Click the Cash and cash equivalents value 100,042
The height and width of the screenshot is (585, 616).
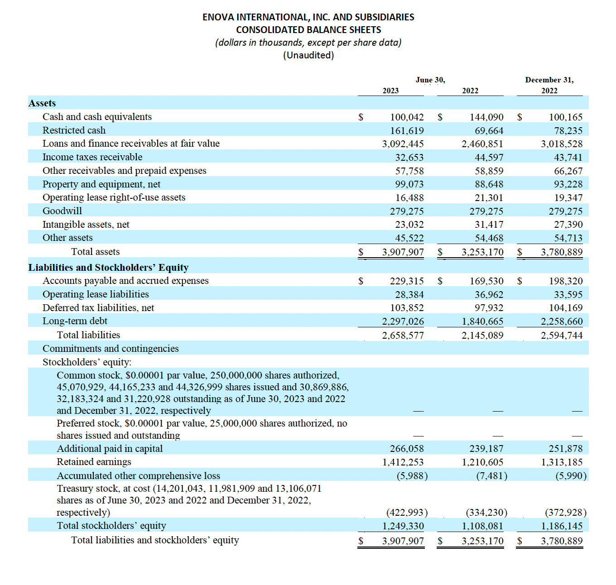pyautogui.click(x=407, y=117)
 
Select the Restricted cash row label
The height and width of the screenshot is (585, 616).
pyautogui.click(x=74, y=130)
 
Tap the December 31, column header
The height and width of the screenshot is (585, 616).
pyautogui.click(x=549, y=80)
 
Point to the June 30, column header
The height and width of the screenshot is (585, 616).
pyautogui.click(x=430, y=80)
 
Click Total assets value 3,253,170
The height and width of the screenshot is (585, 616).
pyautogui.click(x=482, y=252)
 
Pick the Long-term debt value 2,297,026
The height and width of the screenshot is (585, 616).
pyautogui.click(x=403, y=321)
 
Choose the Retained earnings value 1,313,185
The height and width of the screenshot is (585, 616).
pyautogui.click(x=562, y=462)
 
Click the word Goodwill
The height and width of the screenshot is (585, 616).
pyautogui.click(x=62, y=211)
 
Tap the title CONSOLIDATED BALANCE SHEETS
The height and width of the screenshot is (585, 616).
pyautogui.click(x=308, y=30)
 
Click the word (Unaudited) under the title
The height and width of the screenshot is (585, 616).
pyautogui.click(x=308, y=55)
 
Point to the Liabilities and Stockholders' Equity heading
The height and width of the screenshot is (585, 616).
pyautogui.click(x=108, y=268)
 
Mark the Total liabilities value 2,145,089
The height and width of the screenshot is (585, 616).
pyautogui.click(x=482, y=336)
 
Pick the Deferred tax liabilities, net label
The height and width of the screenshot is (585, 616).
pyautogui.click(x=98, y=308)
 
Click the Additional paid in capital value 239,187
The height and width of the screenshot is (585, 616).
pyautogui.click(x=486, y=449)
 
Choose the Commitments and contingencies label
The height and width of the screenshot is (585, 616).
pyautogui.click(x=111, y=349)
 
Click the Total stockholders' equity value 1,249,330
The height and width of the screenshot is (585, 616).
pyautogui.click(x=403, y=526)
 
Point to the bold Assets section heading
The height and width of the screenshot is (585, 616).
pyautogui.click(x=42, y=103)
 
